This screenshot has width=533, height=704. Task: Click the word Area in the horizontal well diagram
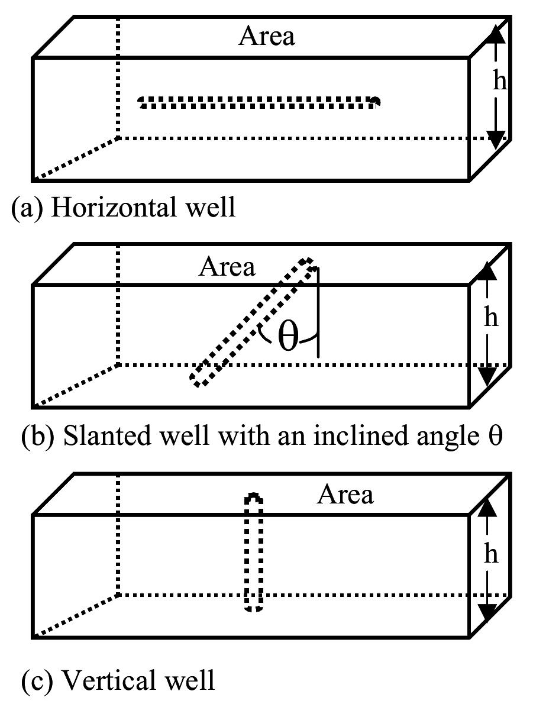[x=267, y=36]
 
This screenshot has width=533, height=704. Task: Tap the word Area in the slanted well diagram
[x=227, y=267]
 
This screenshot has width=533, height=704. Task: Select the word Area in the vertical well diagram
[x=345, y=495]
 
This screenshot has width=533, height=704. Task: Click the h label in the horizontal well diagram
[x=499, y=80]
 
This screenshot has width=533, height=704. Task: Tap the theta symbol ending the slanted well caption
[x=495, y=435]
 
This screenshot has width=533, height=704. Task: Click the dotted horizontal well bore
[x=259, y=102]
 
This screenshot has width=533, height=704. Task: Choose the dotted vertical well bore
[x=254, y=552]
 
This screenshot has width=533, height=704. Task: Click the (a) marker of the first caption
[x=27, y=208]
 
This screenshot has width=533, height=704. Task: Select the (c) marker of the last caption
[x=37, y=681]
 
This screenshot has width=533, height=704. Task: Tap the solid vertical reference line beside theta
[x=318, y=312]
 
